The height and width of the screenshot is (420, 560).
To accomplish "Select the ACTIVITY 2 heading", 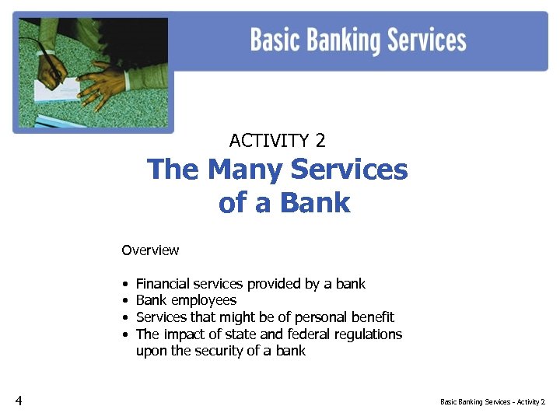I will tap(278, 141).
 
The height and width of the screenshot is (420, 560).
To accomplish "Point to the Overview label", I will tap(150, 250).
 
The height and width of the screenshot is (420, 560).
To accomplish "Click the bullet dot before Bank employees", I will tap(124, 301).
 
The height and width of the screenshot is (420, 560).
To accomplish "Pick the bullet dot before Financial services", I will tap(124, 284).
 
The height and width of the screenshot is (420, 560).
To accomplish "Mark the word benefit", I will tap(372, 317).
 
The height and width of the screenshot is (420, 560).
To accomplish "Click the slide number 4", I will tap(19, 401).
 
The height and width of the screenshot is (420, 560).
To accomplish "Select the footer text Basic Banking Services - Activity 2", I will tap(492, 402).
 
